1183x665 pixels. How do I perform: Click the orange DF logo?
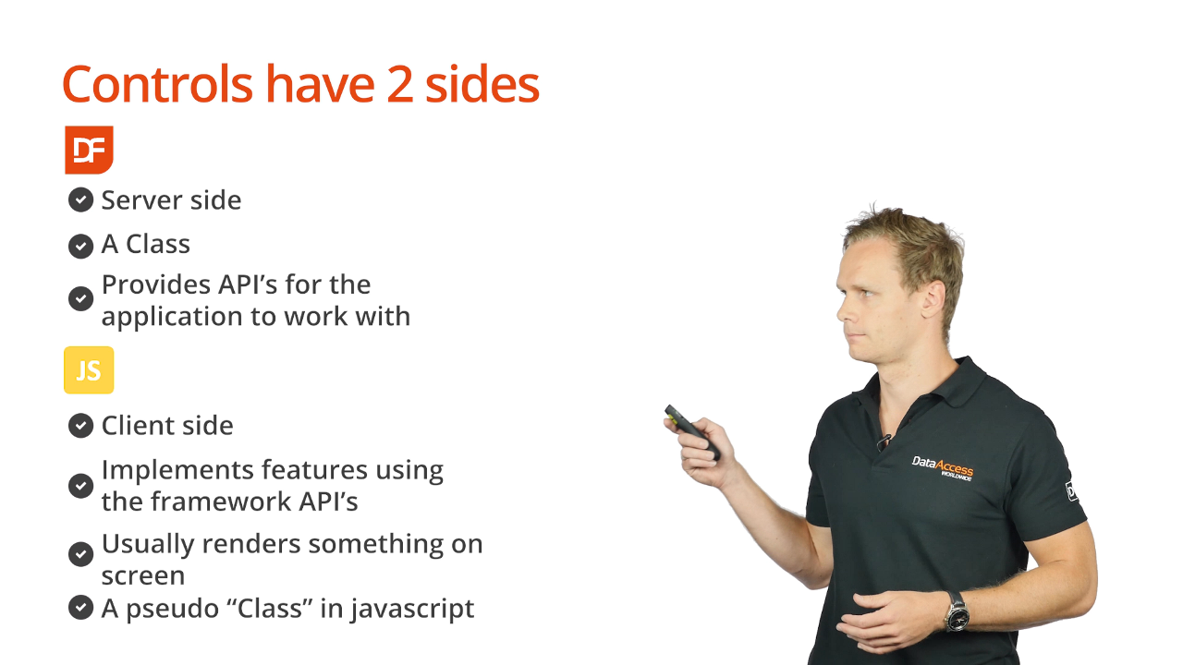pyautogui.click(x=89, y=150)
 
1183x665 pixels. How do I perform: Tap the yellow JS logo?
pyautogui.click(x=89, y=370)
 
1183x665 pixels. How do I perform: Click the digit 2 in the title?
pyautogui.click(x=399, y=84)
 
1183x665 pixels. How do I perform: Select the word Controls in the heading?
pyautogui.click(x=157, y=83)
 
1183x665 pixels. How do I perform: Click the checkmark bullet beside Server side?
pyautogui.click(x=80, y=200)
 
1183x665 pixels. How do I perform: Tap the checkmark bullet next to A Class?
pyautogui.click(x=80, y=246)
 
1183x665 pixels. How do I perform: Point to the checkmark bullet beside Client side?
pyautogui.click(x=80, y=426)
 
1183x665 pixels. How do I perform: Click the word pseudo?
pyautogui.click(x=172, y=609)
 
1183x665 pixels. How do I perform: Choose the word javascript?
pyautogui.click(x=412, y=609)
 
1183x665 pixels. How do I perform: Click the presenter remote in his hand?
pyautogui.click(x=692, y=431)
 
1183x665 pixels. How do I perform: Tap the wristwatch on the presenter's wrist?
pyautogui.click(x=957, y=611)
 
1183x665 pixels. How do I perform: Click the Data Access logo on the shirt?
pyautogui.click(x=943, y=468)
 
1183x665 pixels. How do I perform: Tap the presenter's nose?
pyautogui.click(x=844, y=311)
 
